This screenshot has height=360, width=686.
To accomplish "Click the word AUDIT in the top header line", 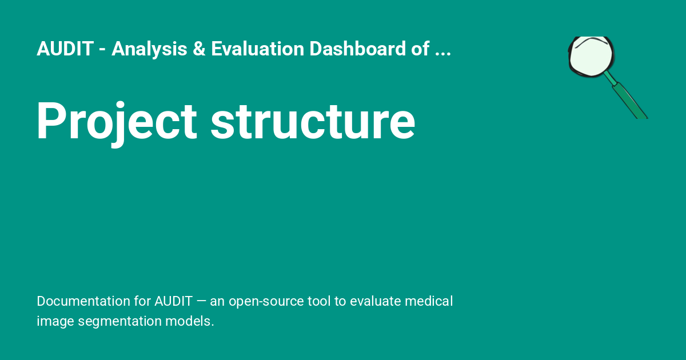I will pos(65,50).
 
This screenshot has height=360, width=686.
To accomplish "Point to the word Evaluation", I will pos(257,50).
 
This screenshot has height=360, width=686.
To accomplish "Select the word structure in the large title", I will pos(313,121).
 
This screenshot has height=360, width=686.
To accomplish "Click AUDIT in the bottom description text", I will pos(173,301).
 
